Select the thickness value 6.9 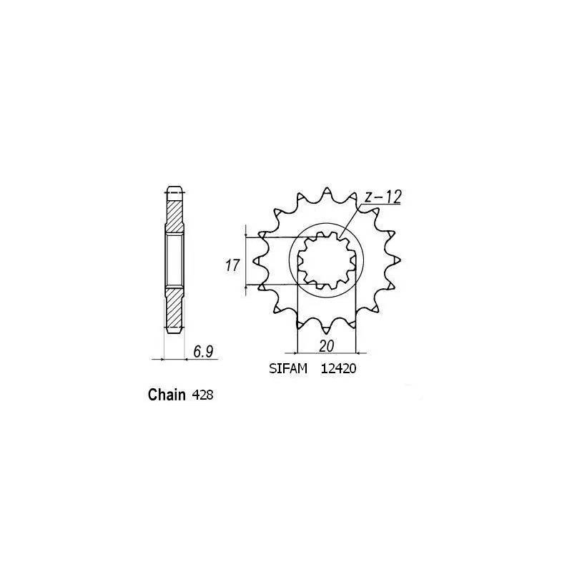pos(203,352)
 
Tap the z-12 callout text pos(382,197)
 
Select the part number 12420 pos(338,370)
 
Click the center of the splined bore pos(327,262)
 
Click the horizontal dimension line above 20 pos(326,352)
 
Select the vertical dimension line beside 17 pos(247,262)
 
